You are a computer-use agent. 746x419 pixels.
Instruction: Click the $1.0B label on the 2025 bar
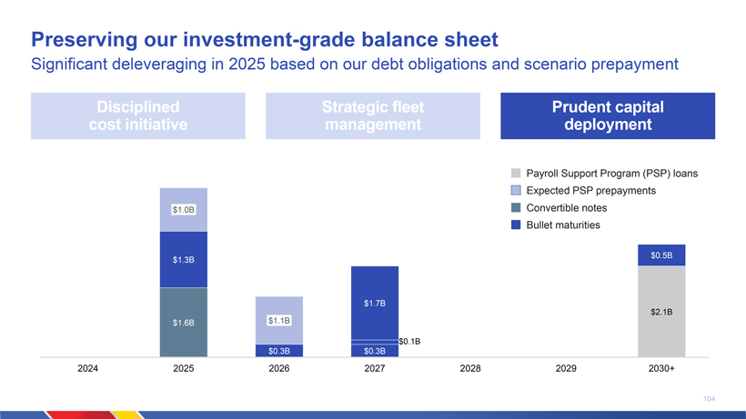point(184,210)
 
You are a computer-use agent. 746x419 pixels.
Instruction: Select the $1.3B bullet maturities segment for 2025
point(184,260)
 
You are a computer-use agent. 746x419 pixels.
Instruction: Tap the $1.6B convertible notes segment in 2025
point(184,322)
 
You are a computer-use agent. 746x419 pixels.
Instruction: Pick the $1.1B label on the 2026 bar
point(278,321)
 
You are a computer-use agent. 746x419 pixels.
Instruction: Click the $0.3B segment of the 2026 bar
point(278,350)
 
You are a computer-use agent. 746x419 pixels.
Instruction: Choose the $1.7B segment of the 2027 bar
point(375,302)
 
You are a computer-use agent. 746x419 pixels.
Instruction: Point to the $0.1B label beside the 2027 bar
point(409,341)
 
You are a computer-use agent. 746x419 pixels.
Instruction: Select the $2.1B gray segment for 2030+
point(661,312)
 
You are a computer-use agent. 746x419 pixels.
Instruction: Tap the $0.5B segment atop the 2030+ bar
point(661,255)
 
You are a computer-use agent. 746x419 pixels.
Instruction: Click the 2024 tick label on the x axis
point(88,370)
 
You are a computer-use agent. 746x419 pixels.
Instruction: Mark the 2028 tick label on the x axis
point(470,370)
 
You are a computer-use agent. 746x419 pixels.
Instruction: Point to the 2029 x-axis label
point(566,370)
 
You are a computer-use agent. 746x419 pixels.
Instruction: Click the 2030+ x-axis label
point(661,370)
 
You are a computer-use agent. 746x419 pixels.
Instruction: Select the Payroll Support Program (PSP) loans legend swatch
point(516,174)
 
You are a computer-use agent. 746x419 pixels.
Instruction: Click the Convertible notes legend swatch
point(516,208)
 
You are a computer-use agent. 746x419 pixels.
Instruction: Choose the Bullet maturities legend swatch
point(516,225)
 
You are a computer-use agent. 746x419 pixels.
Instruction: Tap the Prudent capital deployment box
point(607,115)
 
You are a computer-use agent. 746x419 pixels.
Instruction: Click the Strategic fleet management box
point(373,115)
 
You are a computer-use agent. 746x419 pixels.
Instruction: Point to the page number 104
point(710,398)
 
